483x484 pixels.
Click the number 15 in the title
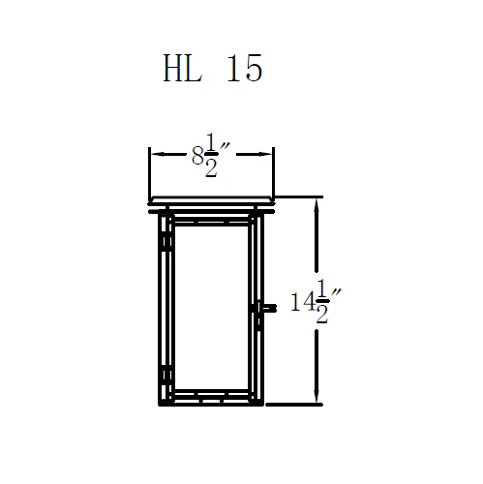(243, 69)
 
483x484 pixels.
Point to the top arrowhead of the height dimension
(316, 202)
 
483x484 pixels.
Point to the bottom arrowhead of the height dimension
(316, 400)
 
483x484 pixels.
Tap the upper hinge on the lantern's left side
(166, 237)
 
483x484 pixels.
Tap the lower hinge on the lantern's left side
(166, 374)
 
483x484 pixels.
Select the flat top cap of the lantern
(211, 203)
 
